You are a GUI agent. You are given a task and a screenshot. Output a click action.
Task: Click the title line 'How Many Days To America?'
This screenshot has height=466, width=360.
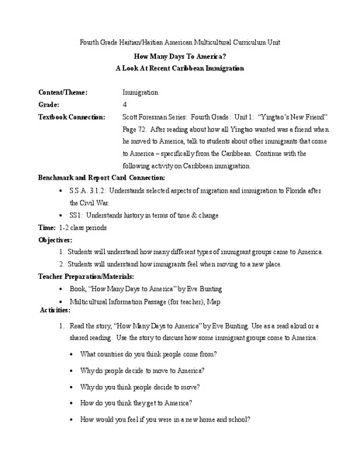(x=179, y=57)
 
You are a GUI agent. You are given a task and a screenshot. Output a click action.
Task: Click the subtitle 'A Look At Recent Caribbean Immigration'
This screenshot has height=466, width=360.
(x=179, y=68)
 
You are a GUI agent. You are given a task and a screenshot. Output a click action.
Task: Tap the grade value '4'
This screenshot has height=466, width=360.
(x=124, y=104)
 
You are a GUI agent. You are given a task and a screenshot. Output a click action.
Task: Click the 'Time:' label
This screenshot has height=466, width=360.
(x=47, y=228)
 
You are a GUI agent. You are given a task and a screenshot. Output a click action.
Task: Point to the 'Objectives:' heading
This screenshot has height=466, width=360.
(x=59, y=240)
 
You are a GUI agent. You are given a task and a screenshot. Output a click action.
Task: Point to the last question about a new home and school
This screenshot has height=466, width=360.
(x=165, y=419)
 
